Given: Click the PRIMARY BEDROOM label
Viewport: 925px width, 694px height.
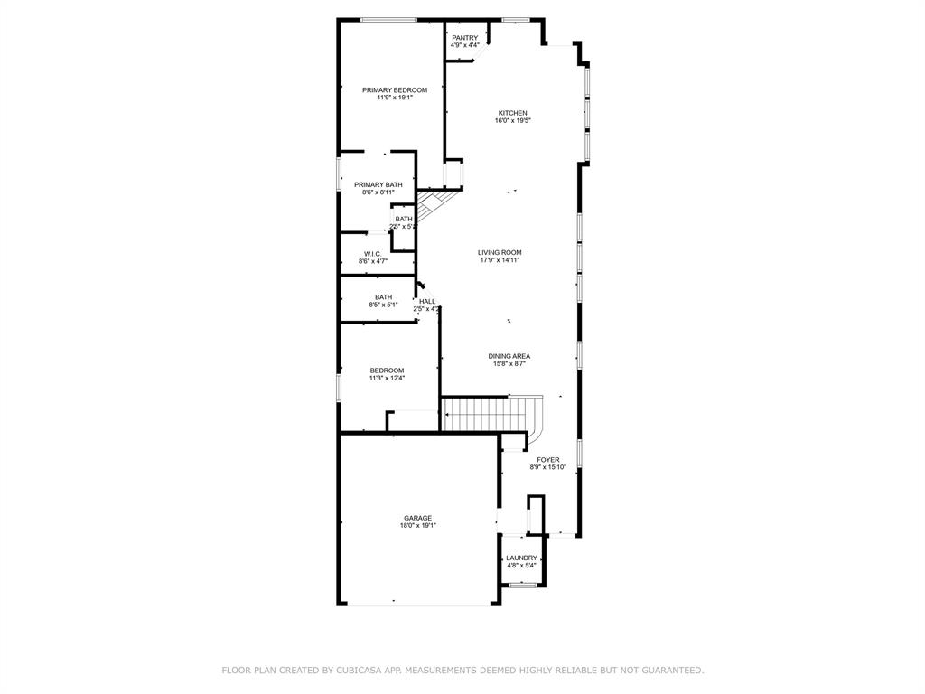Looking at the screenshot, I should click(394, 90).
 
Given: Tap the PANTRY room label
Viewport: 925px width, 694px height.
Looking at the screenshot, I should click(464, 38).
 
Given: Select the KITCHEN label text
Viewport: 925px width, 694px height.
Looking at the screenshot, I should click(512, 113).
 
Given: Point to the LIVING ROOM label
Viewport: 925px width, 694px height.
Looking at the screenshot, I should click(500, 252).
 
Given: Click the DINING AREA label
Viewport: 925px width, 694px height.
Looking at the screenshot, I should click(509, 356).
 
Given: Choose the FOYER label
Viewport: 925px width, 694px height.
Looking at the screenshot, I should click(547, 460).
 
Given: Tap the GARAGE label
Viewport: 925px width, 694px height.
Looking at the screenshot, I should click(417, 518).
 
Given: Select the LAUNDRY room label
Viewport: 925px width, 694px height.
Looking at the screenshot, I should click(521, 558).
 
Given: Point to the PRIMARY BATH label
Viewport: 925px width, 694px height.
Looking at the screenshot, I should click(378, 184).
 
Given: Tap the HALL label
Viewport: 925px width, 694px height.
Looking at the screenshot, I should click(427, 301).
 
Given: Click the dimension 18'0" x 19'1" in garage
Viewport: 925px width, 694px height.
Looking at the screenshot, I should click(417, 526).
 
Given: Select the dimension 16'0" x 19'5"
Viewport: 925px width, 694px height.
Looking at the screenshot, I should click(512, 121).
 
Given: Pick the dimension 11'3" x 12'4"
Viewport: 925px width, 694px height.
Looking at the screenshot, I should click(387, 379).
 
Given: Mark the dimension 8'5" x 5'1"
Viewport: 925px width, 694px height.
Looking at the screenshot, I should click(383, 305).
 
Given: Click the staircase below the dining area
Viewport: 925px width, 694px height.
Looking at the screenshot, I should click(488, 415).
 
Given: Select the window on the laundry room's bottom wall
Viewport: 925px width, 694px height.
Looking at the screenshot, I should click(522, 586).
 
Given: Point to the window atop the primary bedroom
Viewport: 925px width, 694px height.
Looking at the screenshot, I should click(388, 20).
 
